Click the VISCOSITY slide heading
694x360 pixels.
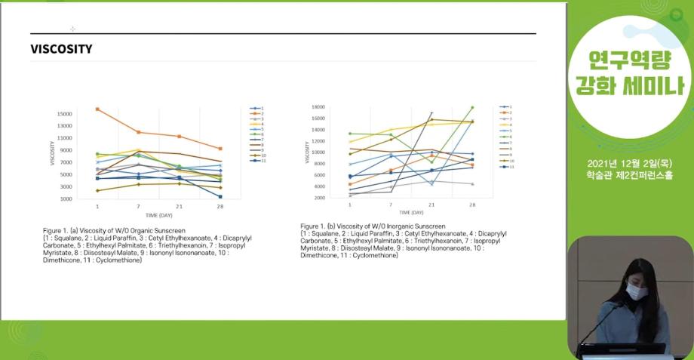61,49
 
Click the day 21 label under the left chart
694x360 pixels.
179,205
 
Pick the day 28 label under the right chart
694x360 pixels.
472,205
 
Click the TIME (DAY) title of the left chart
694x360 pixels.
158,214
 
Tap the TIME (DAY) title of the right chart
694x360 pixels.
410,213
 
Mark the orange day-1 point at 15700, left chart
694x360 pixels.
97,109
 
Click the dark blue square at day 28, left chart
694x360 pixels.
220,197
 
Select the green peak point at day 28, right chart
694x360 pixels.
472,107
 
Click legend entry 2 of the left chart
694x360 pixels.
261,113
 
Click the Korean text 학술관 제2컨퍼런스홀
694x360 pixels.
629,176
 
